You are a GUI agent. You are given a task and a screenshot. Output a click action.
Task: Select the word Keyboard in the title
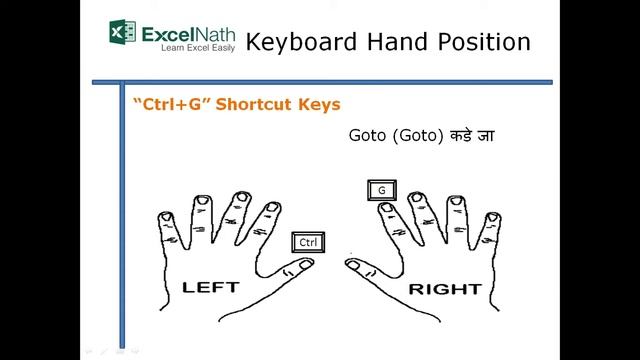[x=299, y=42]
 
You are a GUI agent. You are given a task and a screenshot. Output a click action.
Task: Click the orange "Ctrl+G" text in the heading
[x=167, y=104]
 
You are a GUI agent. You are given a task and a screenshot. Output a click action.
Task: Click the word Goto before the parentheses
[x=368, y=134]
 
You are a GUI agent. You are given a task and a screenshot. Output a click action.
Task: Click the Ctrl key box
[x=308, y=242]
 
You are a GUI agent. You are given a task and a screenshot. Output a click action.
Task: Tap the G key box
[x=381, y=189]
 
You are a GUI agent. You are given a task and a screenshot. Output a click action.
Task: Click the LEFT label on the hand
[x=210, y=287]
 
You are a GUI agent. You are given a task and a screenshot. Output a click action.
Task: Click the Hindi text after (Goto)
[x=471, y=134]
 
